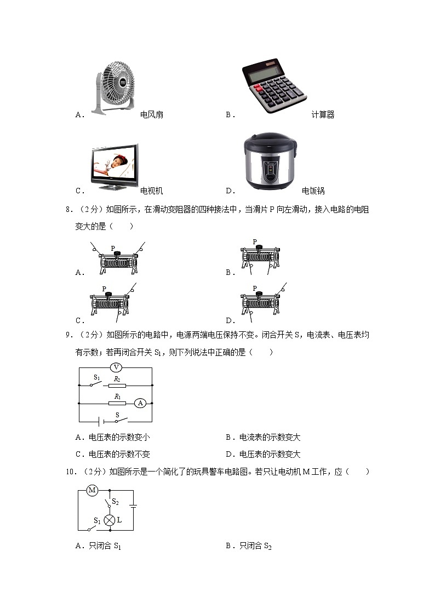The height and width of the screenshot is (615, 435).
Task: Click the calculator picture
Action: tap(267, 85)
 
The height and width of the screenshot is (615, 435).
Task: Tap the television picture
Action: tap(115, 166)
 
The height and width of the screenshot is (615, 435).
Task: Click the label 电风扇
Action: tap(152, 115)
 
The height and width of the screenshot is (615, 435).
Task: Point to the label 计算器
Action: tap(323, 115)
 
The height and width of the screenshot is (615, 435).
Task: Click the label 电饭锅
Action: tap(313, 191)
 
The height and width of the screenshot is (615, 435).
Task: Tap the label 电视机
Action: tap(152, 191)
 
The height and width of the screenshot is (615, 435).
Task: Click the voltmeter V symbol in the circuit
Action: tap(116, 367)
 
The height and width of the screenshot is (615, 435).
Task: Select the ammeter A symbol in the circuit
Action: tap(140, 403)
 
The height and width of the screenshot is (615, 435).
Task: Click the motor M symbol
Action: tap(92, 490)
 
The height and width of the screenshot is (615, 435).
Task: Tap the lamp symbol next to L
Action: tap(110, 520)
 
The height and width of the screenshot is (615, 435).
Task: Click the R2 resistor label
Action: tap(117, 378)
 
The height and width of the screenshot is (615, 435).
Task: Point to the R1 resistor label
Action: tap(117, 396)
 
